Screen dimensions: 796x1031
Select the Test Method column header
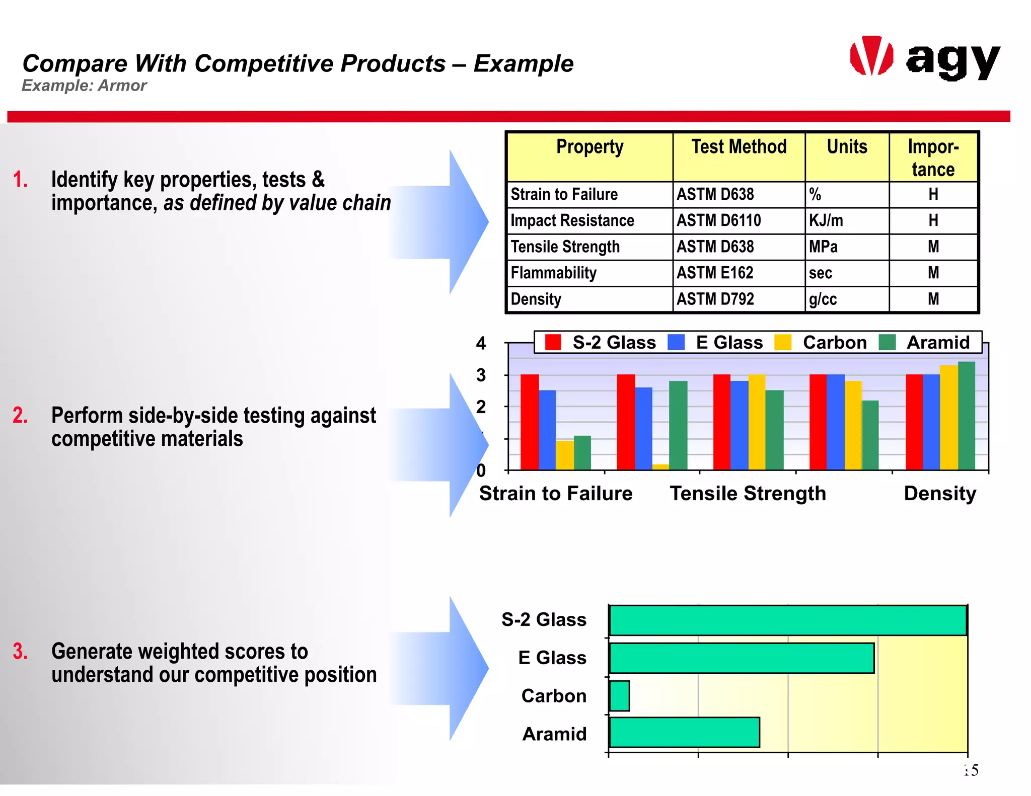[739, 147]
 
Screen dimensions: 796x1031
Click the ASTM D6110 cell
[718, 220]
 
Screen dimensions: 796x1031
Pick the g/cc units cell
[823, 299]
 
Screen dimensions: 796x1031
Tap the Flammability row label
[553, 273]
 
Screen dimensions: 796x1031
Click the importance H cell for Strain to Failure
[933, 194]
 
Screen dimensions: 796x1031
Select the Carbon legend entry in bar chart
[834, 343]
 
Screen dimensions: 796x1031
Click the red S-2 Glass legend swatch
[553, 343]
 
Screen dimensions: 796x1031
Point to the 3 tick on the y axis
[481, 375]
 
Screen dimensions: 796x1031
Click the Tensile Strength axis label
[748, 494]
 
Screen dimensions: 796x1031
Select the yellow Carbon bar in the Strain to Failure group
[564, 455]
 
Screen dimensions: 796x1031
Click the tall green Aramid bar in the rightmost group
[966, 416]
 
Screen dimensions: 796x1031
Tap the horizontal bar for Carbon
[619, 696]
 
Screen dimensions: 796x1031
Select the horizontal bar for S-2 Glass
[787, 620]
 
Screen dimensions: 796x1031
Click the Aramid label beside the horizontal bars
[554, 734]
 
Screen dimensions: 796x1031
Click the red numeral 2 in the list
[20, 416]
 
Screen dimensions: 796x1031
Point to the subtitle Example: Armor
[84, 86]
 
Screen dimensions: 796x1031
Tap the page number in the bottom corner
[971, 770]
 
